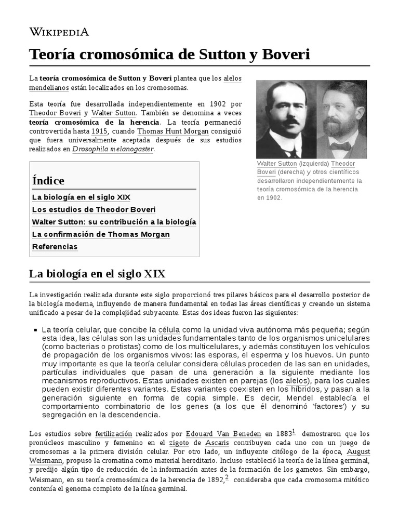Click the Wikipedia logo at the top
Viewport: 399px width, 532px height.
(59, 32)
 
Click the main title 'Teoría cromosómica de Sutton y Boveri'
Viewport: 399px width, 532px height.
(169, 54)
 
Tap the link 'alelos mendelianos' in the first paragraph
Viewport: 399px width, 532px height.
(232, 78)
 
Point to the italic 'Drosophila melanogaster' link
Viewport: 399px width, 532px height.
(113, 149)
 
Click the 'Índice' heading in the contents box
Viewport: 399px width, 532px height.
(48, 181)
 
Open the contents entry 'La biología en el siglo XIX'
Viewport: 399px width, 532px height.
(81, 197)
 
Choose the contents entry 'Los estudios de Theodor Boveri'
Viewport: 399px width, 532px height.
(86, 210)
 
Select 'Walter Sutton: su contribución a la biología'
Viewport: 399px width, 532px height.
(114, 222)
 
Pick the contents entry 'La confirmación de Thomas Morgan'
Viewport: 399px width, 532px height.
(101, 234)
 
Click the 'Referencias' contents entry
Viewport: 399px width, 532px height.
(55, 247)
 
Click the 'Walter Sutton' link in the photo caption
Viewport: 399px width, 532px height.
(277, 164)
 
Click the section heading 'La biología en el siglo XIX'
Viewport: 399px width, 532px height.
(97, 273)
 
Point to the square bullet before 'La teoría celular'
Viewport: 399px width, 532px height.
(35, 330)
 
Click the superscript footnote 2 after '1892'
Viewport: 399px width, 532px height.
(227, 477)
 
